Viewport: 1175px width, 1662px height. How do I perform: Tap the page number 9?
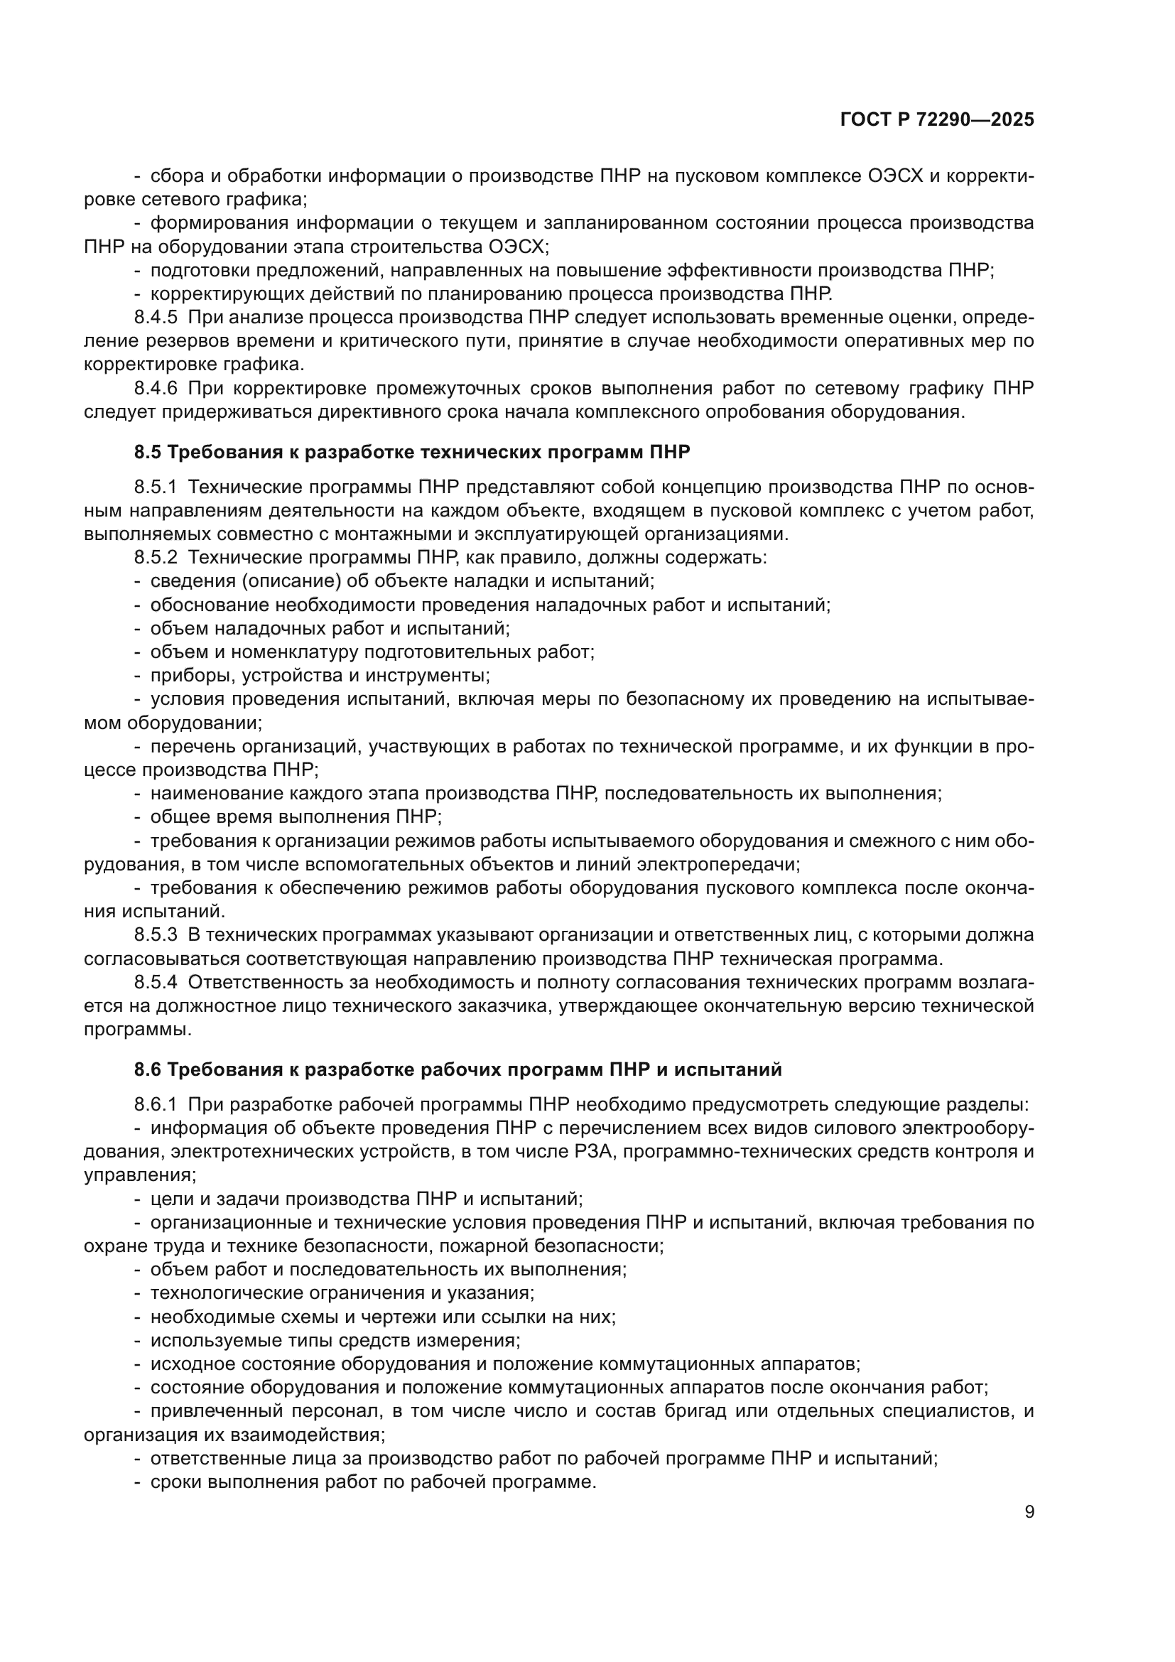click(x=1029, y=1512)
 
